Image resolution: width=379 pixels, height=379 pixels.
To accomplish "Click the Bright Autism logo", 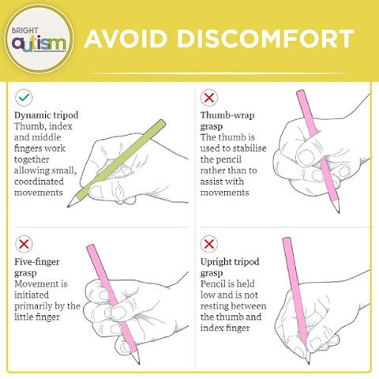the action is tap(39, 39).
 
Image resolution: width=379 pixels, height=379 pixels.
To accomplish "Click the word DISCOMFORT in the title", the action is tap(265, 39).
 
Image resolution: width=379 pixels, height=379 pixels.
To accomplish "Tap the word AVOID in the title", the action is tap(126, 39).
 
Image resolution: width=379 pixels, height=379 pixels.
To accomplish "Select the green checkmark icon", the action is tap(24, 97).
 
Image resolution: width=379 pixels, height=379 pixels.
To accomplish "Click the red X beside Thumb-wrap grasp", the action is tap(209, 98).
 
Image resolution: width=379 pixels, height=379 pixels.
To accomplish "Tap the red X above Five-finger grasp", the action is tap(24, 244).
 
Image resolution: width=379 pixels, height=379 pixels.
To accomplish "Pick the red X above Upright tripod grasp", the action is tap(209, 244).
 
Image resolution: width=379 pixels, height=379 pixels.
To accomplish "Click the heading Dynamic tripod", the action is tap(47, 115).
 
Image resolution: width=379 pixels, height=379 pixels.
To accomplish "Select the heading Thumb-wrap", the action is tap(227, 115).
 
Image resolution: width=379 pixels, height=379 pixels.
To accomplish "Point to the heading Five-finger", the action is tap(37, 262).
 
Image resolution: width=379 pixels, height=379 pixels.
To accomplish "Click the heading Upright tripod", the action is tap(230, 262).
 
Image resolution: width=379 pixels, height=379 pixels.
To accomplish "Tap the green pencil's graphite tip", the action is tap(69, 206).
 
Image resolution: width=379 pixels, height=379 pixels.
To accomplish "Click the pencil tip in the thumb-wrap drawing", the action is tap(338, 211).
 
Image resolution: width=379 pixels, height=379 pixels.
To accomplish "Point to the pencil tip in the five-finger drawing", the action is tap(138, 362).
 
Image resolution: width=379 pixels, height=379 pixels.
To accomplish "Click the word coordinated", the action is tap(39, 182).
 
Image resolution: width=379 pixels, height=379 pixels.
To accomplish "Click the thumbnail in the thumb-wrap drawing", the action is tap(306, 157).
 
